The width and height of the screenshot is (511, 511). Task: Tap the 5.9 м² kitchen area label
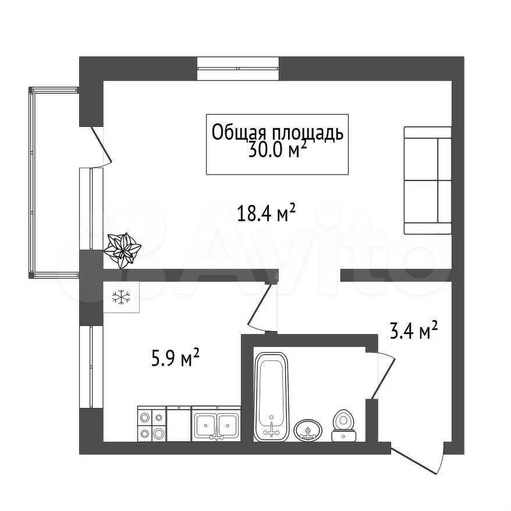coord(175,357)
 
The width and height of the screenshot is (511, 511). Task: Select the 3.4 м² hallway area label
coord(414,331)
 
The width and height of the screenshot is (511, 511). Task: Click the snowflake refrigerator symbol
coord(121,297)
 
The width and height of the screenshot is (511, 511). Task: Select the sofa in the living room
coord(428,180)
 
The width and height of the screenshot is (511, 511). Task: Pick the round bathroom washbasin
coord(308,430)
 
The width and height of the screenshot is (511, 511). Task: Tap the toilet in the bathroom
coord(344,425)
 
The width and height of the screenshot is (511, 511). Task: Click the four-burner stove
coord(152,424)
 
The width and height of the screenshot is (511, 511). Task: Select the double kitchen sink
coord(216,424)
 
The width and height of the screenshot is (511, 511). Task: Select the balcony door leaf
coord(101,145)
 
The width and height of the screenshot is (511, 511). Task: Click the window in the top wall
coord(238,69)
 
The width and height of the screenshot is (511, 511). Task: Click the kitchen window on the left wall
coord(91,367)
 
